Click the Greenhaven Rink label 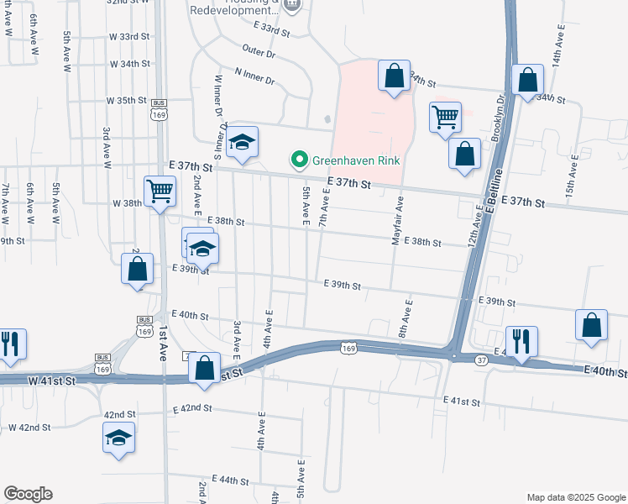pyautogui.click(x=356, y=160)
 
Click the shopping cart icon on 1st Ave pyautogui.click(x=160, y=192)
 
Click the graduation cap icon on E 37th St pyautogui.click(x=242, y=142)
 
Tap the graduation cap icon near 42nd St pyautogui.click(x=118, y=437)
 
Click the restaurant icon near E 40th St pyautogui.click(x=521, y=340)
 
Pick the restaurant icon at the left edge pyautogui.click(x=9, y=344)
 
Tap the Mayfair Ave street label pyautogui.click(x=400, y=221)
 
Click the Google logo pyautogui.click(x=28, y=494)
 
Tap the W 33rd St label pyautogui.click(x=128, y=37)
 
